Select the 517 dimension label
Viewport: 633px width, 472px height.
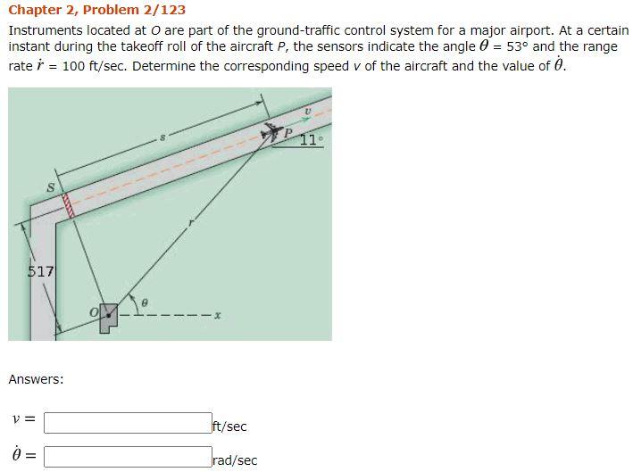41,270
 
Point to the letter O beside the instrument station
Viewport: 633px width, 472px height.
92,311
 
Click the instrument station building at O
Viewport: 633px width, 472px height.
108,315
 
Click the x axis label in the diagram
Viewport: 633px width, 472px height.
217,316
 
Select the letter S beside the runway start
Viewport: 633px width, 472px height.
51,186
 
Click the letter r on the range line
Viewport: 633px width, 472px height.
189,225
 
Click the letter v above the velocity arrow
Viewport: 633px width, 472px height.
307,112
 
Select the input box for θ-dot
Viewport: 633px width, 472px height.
128,457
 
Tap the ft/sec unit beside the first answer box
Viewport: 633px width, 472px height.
229,426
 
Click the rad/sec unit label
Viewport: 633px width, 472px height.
235,460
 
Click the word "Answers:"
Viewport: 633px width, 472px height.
36,379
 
